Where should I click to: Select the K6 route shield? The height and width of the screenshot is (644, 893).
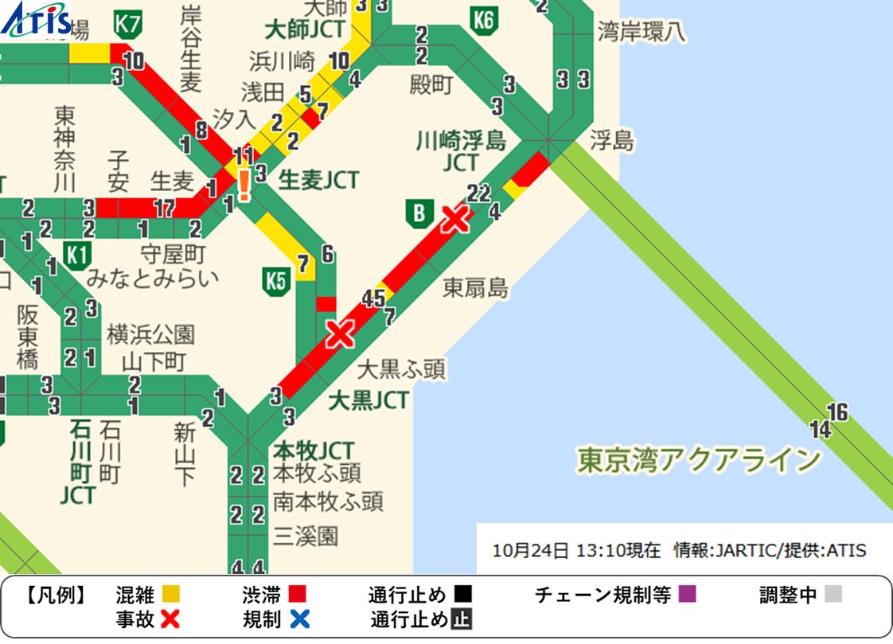pyautogui.click(x=483, y=19)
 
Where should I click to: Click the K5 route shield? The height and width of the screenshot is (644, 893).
pyautogui.click(x=275, y=280)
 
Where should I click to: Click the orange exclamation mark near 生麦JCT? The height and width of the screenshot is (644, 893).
pyautogui.click(x=244, y=185)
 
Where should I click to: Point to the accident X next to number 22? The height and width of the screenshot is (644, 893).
pyautogui.click(x=455, y=218)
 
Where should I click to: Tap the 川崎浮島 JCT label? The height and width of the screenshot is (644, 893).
pyautogui.click(x=461, y=151)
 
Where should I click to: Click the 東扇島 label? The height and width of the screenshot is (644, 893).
pyautogui.click(x=475, y=287)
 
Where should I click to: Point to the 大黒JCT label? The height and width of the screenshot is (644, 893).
pyautogui.click(x=369, y=400)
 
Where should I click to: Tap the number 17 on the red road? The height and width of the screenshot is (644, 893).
pyautogui.click(x=165, y=209)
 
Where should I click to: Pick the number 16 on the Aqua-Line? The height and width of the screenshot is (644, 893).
pyautogui.click(x=837, y=412)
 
